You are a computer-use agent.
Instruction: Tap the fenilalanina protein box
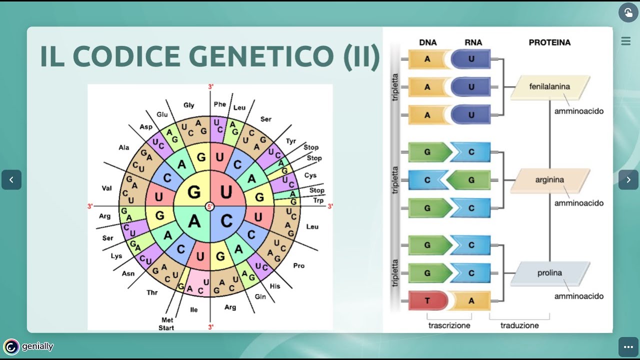click(550, 87)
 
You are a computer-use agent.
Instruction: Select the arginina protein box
click(550, 180)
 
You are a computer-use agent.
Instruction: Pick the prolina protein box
click(549, 273)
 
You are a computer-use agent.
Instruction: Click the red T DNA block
click(427, 300)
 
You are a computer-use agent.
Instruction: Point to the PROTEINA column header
click(549, 42)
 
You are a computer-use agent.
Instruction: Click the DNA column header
click(428, 42)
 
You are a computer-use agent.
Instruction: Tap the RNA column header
click(473, 42)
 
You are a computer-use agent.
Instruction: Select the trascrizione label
click(449, 325)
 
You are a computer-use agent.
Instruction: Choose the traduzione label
click(519, 325)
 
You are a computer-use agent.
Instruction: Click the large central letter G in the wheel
click(194, 192)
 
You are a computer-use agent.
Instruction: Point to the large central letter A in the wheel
click(194, 221)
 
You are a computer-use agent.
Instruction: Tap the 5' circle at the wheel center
click(210, 206)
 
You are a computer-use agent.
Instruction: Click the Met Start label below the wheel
click(167, 324)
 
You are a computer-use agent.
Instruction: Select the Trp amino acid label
click(318, 200)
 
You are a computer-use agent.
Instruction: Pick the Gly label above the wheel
click(188, 105)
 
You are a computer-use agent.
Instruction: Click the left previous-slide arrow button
click(11, 180)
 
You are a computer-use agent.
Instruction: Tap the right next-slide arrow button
click(628, 180)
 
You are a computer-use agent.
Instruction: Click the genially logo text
click(37, 346)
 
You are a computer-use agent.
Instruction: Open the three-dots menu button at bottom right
click(628, 347)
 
